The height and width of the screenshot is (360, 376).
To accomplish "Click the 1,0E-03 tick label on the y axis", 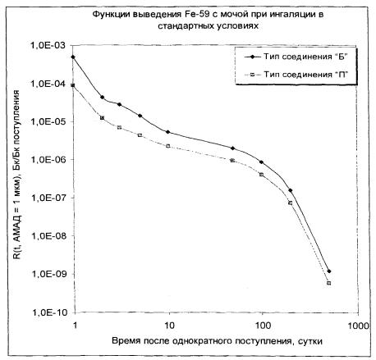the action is pos(49,46).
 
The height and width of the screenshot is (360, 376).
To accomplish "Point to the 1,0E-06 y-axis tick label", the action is pos(49,159).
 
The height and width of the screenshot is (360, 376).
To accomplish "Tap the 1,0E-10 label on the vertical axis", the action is pos(49,312).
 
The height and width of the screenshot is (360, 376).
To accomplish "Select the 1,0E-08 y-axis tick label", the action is pos(49,235).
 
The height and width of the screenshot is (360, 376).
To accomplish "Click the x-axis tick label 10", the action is pos(169,326).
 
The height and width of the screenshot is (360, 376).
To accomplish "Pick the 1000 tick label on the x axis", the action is pos(359,326).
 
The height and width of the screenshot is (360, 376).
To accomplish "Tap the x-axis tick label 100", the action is pos(263,326).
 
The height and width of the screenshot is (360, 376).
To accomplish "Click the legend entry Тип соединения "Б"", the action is pos(296,57).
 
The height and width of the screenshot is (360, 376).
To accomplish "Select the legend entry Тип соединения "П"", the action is pos(296,74).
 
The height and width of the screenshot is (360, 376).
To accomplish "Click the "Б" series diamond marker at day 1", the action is pos(73,57).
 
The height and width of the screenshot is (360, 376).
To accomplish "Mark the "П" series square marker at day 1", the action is pos(73,85).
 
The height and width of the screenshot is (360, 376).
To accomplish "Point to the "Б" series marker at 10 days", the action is pos(168,132).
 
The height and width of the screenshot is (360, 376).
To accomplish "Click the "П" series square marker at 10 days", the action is pos(168,146).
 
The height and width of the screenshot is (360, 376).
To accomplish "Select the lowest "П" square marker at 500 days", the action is pos(328,283).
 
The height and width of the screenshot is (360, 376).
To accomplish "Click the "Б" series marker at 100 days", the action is pos(261,162).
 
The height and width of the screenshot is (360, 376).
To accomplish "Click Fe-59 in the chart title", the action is pos(195,15).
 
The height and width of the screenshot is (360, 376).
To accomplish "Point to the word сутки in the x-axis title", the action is pos(310,341).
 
